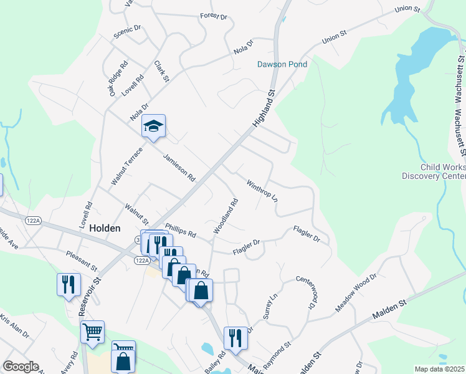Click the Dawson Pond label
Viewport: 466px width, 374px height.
[279, 64]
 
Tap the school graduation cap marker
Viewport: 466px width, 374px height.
[153, 127]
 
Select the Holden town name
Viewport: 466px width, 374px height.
[105, 228]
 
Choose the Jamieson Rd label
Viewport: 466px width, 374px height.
[179, 168]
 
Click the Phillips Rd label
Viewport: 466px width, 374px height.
[181, 230]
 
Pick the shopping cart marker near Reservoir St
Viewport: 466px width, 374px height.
[92, 333]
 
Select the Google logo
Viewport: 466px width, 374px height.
[21, 367]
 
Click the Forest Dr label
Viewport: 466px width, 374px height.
[214, 16]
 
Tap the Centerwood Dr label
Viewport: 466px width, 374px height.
[303, 292]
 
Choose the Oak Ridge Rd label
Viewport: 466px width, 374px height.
[118, 78]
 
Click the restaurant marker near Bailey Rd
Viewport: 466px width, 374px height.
[235, 338]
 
